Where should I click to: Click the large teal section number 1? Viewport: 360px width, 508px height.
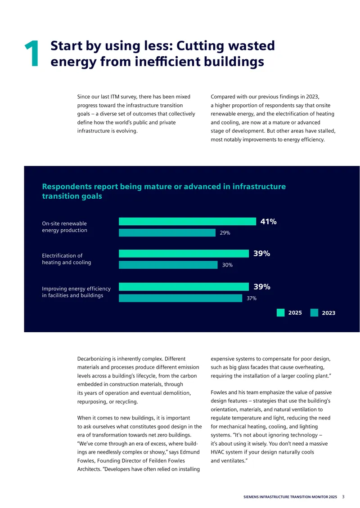point(32,53)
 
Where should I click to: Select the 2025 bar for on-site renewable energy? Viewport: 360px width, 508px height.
point(188,221)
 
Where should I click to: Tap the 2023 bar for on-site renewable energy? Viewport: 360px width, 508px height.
point(167,232)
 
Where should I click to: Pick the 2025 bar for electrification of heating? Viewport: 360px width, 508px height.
point(184,254)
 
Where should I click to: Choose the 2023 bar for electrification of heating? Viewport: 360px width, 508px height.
point(168,265)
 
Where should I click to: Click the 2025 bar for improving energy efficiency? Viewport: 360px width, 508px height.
point(184,287)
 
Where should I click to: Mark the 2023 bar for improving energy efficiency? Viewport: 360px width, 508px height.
point(180,298)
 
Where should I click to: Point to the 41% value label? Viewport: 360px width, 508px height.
point(269,222)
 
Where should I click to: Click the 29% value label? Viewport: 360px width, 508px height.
point(225,233)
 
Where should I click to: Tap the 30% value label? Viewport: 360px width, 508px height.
point(227,265)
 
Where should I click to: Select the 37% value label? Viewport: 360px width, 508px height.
point(252,299)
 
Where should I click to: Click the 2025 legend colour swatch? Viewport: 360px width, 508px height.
point(280,312)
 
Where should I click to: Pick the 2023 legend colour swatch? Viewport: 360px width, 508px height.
point(314,312)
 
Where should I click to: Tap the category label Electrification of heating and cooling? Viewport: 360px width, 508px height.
point(67,259)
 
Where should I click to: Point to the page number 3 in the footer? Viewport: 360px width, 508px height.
point(343,497)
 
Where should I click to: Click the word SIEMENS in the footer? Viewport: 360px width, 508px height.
point(251,497)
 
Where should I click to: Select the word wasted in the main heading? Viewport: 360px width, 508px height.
point(250,46)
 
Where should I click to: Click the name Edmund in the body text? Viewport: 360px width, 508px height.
point(190,452)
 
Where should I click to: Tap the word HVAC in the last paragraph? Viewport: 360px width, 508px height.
point(218,452)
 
